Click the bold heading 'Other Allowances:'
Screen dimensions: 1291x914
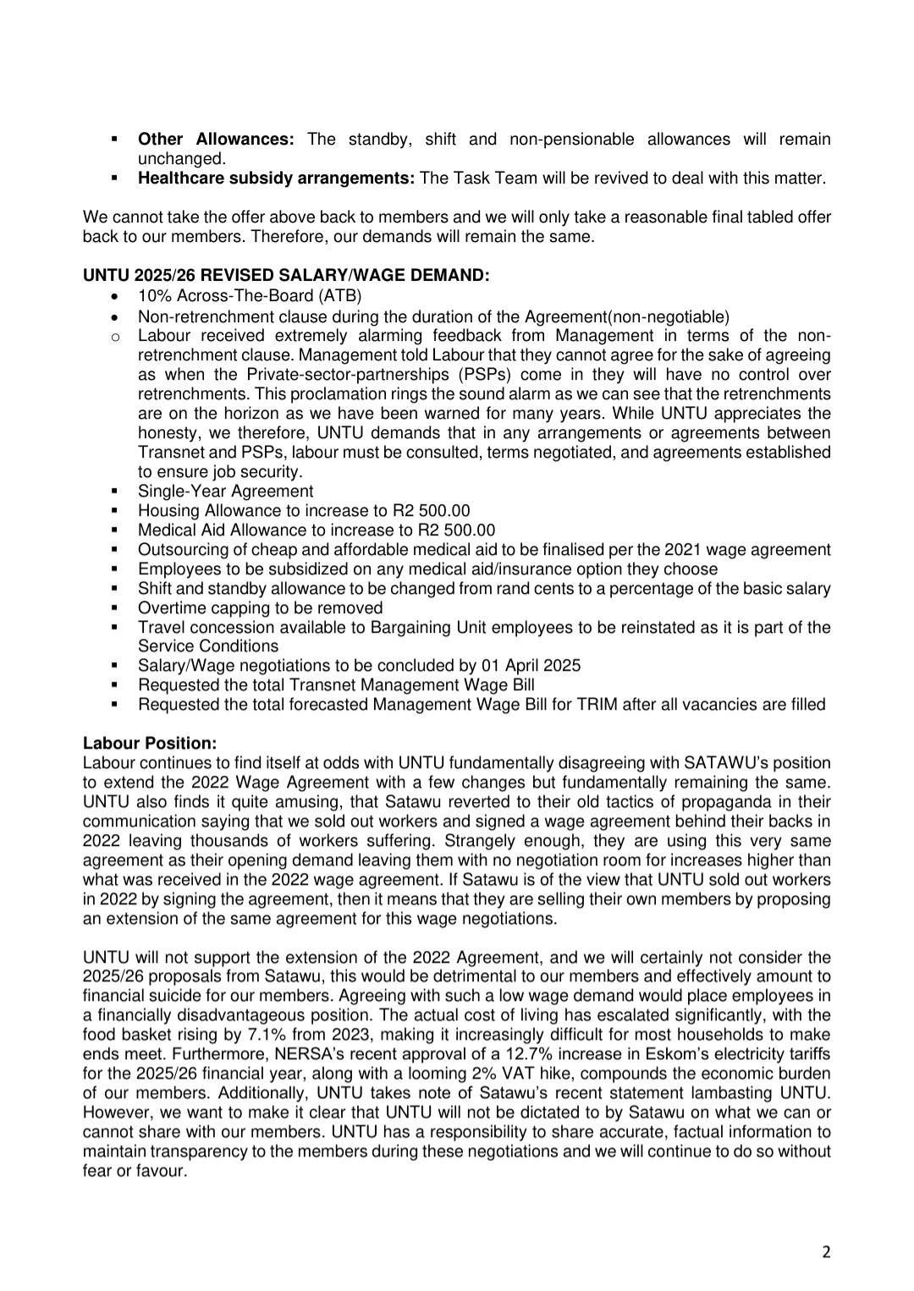click(x=216, y=139)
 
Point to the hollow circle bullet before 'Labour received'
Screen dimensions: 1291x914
click(x=115, y=337)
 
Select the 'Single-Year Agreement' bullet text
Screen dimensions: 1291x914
click(x=225, y=492)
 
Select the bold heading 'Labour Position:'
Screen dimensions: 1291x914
click(x=150, y=744)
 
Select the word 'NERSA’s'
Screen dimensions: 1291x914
click(x=279, y=1054)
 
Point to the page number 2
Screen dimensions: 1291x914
click(x=826, y=1253)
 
